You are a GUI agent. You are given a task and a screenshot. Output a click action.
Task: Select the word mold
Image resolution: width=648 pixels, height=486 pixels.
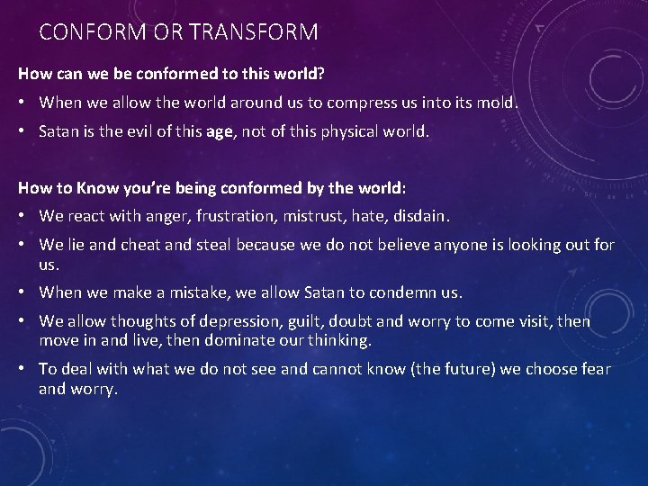click(499, 103)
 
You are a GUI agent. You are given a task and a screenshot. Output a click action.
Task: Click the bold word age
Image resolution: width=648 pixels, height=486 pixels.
click(219, 131)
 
